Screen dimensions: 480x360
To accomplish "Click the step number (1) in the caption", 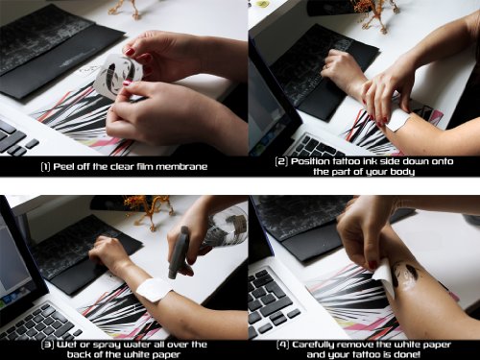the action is click(45, 167).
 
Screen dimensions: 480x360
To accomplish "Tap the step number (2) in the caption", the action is click(281, 161).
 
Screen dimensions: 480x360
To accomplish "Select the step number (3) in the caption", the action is click(48, 345).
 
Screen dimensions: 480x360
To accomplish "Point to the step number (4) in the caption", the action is click(283, 345).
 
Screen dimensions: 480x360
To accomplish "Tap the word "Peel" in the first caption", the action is click(63, 167).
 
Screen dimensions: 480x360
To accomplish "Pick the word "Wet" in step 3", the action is click(66, 345).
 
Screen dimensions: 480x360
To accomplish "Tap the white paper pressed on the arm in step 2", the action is click(398, 121).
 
